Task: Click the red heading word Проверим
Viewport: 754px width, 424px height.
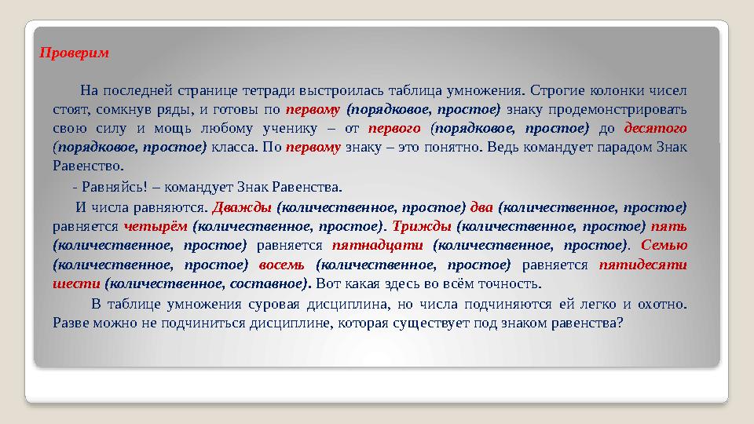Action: (x=74, y=55)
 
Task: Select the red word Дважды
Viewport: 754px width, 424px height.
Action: (x=242, y=207)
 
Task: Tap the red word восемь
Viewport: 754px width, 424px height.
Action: (x=281, y=264)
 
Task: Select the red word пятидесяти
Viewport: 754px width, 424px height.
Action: (x=643, y=264)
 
